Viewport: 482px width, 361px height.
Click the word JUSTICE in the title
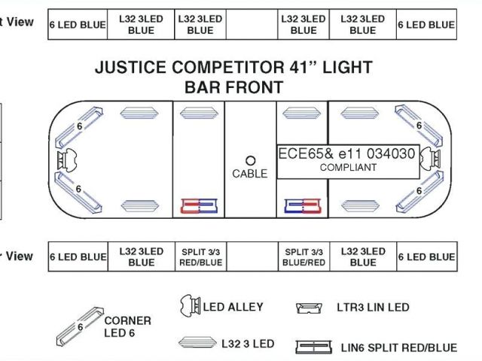click(x=128, y=67)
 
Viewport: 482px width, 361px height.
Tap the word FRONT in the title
click(x=257, y=86)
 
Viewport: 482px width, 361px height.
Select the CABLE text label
click(x=250, y=174)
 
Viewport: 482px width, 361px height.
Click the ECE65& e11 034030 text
click(x=346, y=153)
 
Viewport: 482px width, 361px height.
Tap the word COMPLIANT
click(x=348, y=167)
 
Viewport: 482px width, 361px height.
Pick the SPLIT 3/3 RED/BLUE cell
click(x=200, y=256)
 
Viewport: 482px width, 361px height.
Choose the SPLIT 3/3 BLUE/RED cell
click(x=304, y=256)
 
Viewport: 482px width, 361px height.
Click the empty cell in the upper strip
click(x=251, y=25)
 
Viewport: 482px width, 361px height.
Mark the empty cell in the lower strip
click(x=251, y=256)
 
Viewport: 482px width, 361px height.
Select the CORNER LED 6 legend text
click(x=127, y=326)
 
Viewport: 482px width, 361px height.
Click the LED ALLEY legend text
click(x=233, y=306)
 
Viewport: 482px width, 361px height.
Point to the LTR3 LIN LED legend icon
click(x=311, y=308)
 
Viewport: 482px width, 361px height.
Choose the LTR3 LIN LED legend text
click(x=373, y=308)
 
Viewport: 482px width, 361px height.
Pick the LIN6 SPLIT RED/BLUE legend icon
click(x=313, y=347)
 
